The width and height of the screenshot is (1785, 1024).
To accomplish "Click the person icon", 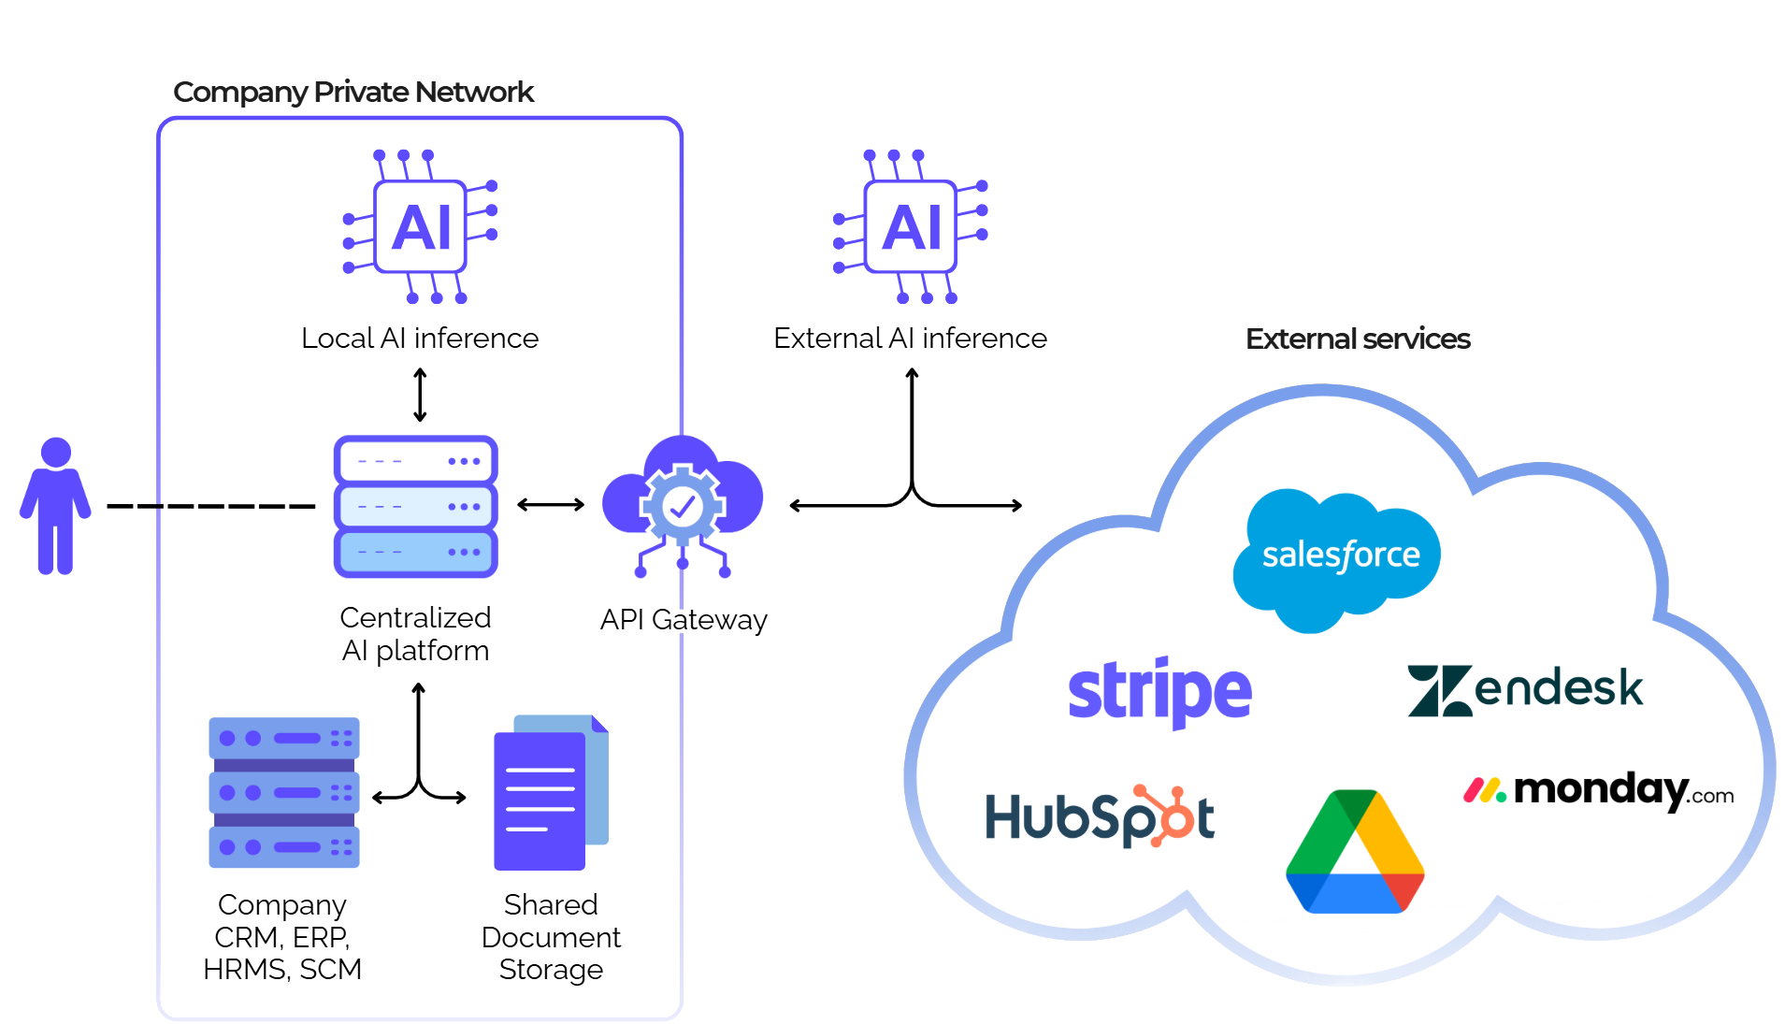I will point(55,506).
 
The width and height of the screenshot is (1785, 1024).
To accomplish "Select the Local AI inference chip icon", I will point(421,227).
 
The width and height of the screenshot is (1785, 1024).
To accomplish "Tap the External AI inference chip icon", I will point(911,227).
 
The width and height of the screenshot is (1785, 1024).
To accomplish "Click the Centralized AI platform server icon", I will point(415,506).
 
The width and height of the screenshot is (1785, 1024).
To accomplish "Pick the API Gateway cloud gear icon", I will point(683,506).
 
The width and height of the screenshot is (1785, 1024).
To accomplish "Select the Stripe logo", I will point(1159,692).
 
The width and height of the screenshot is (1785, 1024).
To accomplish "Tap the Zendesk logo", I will point(1524,690).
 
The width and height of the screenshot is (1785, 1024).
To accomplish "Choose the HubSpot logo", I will point(1100,816).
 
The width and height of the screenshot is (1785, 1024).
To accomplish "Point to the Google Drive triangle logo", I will point(1355,852).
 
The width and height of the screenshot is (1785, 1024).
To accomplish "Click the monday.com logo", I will point(1599,791).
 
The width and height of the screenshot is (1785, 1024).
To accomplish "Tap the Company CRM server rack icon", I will point(283,792).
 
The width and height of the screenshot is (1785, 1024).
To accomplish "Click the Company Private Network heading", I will point(353,92).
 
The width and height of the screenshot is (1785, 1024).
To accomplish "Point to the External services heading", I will point(1358,339).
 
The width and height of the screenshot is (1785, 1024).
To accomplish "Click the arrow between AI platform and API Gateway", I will point(551,505).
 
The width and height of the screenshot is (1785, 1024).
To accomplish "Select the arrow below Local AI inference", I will point(420,395).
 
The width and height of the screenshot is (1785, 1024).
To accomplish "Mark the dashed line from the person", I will point(211,506).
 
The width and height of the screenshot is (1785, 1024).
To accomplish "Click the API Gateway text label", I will point(684,619).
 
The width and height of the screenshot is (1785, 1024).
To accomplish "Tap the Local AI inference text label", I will point(420,338).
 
